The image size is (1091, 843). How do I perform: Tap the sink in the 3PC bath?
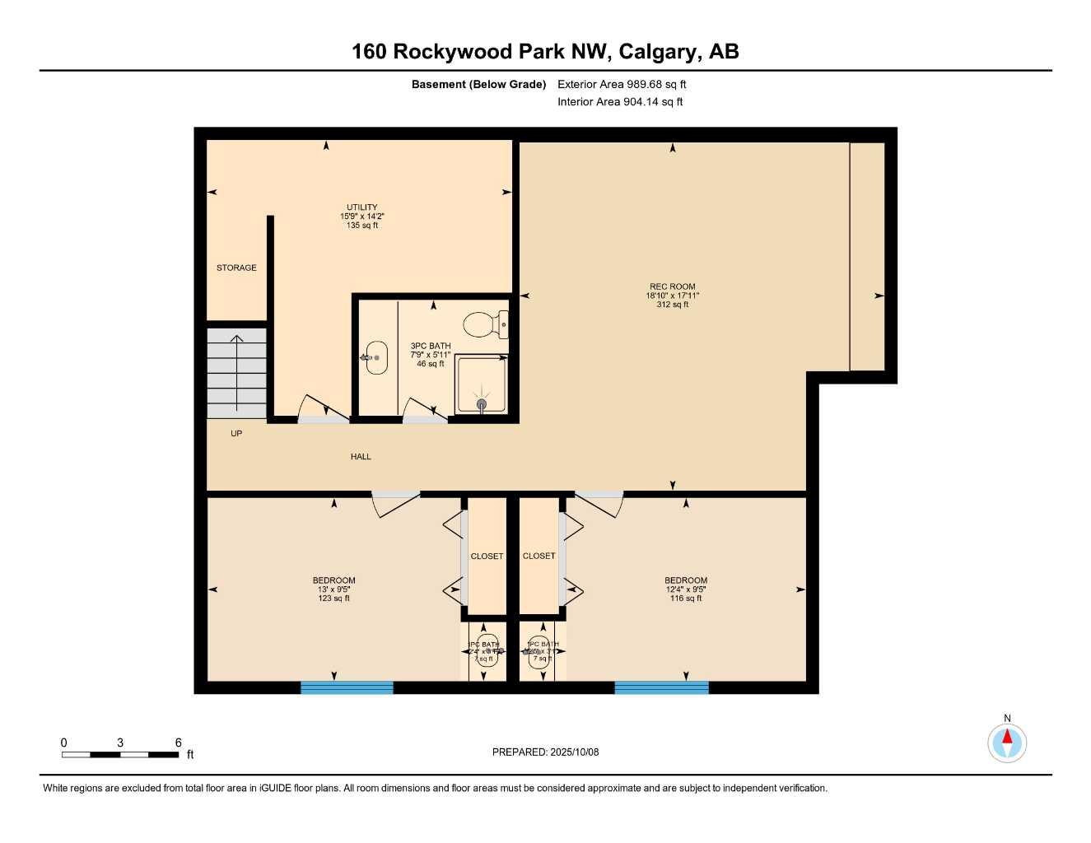coord(376,357)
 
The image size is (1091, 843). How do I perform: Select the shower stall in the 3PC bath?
coord(482,384)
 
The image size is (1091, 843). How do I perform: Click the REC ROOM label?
coord(672,286)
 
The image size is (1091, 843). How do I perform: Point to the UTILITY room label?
coord(361,207)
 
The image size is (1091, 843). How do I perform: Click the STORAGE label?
coord(236,268)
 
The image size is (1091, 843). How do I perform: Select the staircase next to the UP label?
coord(236,372)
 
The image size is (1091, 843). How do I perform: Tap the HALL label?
coord(361,456)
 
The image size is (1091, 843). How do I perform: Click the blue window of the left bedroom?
coord(347,687)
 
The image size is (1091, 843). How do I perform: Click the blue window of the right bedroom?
coord(661,687)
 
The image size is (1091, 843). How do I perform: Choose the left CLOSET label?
coord(487,557)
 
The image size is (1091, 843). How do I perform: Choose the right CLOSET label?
coord(539,556)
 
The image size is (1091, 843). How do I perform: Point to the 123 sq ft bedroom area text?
coord(333,598)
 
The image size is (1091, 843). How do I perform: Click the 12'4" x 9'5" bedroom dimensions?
coord(686,589)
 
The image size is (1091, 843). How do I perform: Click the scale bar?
coord(120,754)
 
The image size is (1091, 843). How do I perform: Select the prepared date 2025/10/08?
coord(545,752)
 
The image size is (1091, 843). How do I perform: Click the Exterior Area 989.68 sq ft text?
coord(622,84)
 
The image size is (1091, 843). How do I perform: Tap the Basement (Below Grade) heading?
coord(478,84)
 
